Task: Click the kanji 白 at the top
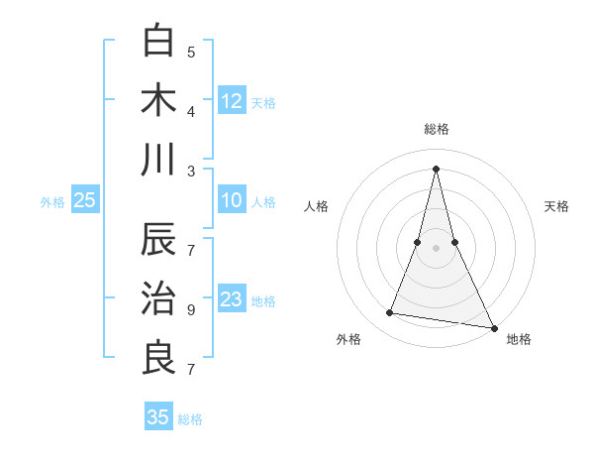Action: point(159,43)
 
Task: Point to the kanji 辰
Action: point(159,241)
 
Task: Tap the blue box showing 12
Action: point(232,100)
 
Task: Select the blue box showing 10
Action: point(232,200)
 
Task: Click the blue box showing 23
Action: point(232,299)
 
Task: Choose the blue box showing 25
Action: point(84,200)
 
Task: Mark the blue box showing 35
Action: point(158,417)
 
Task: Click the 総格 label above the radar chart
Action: point(437,129)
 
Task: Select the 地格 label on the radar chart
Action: point(519,339)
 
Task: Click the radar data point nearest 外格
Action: point(390,313)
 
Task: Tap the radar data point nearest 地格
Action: point(494,328)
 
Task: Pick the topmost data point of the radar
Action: point(437,168)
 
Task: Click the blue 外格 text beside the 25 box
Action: point(52,202)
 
